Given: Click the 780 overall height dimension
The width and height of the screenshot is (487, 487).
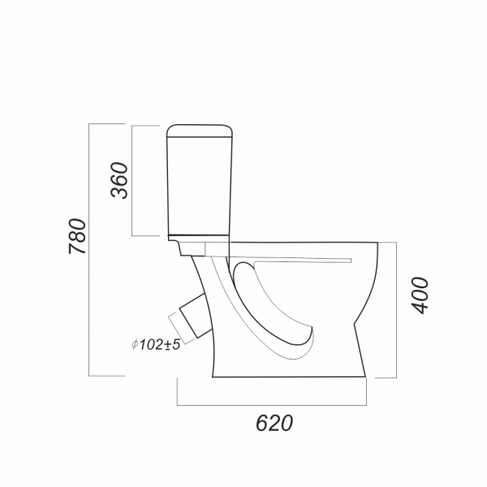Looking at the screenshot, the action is (x=77, y=236).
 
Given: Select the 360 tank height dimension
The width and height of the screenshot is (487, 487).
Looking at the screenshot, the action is (x=119, y=180).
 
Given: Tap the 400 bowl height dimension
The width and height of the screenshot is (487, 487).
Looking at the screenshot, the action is (x=420, y=295).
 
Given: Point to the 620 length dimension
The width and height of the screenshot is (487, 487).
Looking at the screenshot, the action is (x=274, y=423).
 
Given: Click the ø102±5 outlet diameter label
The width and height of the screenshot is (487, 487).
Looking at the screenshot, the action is (x=156, y=344).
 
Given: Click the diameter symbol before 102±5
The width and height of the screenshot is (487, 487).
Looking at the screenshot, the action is (x=135, y=344).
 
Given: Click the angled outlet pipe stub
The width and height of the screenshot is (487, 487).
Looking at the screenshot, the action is (x=195, y=315).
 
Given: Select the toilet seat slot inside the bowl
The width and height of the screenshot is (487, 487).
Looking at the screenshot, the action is (x=303, y=261).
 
